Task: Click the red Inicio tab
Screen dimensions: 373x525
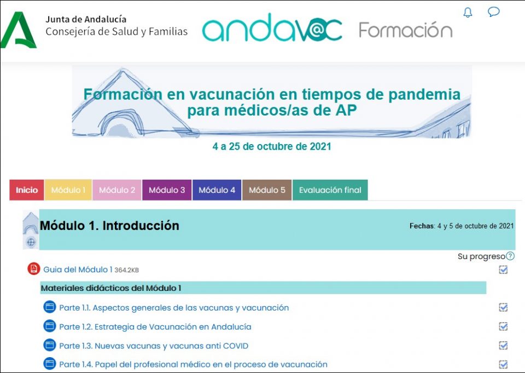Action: click(x=27, y=190)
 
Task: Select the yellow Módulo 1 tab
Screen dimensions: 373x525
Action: click(x=68, y=190)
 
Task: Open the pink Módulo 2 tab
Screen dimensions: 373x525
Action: click(x=117, y=190)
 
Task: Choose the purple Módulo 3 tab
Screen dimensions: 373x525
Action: click(x=167, y=190)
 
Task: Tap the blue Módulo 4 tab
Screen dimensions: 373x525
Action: click(x=217, y=190)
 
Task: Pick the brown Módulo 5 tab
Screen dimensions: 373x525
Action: click(x=267, y=190)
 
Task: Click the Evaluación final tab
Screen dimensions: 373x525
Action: click(x=330, y=190)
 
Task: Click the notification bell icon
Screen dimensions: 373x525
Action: click(x=468, y=13)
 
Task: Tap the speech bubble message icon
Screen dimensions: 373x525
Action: click(x=493, y=12)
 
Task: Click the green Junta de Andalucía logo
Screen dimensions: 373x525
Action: click(x=18, y=30)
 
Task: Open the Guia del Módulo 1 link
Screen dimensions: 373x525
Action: click(x=78, y=269)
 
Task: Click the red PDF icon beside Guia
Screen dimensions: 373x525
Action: click(x=34, y=269)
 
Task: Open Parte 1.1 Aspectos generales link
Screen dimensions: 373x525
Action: click(x=174, y=308)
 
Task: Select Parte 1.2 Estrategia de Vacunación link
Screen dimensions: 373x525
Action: click(x=155, y=327)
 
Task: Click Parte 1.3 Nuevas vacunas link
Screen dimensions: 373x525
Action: click(x=154, y=346)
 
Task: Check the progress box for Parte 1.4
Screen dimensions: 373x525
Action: click(x=503, y=365)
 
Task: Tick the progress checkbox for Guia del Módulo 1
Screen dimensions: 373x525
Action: click(x=503, y=269)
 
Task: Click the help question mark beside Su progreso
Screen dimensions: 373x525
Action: click(x=510, y=256)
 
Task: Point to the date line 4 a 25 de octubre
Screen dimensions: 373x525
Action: click(x=272, y=147)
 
